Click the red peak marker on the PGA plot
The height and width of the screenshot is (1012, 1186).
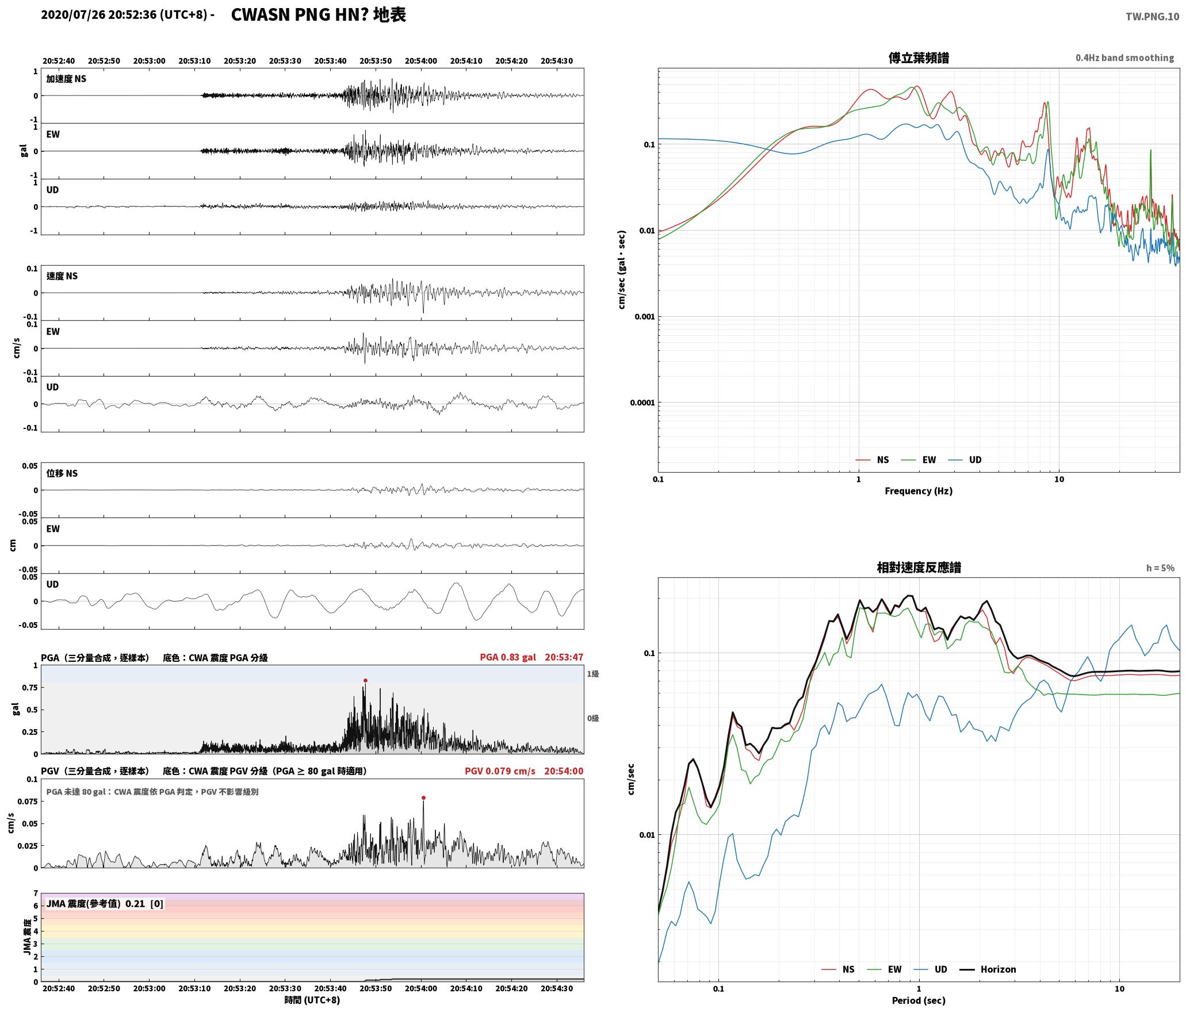pos(365,680)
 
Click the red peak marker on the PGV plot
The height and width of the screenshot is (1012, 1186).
pos(423,798)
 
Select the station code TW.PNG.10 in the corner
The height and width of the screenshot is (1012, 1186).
pos(1152,17)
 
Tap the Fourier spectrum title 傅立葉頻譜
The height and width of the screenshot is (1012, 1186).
pos(919,58)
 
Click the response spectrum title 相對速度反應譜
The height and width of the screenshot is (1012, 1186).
pos(919,568)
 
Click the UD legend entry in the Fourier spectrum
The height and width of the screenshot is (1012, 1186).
pos(965,459)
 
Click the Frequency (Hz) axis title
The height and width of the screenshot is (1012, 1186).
pos(919,490)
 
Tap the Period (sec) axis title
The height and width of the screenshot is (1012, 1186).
pos(919,1000)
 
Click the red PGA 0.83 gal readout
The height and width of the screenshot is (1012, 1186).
pos(508,657)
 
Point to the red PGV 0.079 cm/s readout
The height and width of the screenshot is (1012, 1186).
pos(500,770)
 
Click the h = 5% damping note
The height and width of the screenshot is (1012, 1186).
pos(1160,568)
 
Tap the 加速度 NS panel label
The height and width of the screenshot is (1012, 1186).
pos(66,79)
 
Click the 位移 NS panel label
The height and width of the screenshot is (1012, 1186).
pos(62,473)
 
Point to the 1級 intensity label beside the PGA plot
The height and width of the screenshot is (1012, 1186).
pos(593,673)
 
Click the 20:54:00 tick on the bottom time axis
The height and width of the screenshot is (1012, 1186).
pos(421,988)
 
